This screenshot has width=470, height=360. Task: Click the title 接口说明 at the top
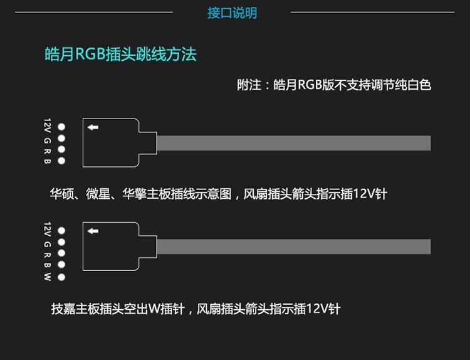pos(232,13)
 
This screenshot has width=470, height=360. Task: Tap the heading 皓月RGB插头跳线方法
pos(121,54)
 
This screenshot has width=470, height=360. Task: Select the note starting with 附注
pos(334,85)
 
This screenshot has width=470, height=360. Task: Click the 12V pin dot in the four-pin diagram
pos(61,126)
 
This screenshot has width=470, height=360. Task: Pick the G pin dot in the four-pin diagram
pos(61,138)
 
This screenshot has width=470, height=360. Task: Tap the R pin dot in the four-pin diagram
pos(61,149)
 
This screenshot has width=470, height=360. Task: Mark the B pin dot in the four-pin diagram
pos(61,161)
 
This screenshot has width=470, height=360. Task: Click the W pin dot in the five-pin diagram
pos(61,277)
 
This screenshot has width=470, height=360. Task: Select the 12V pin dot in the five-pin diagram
pos(61,230)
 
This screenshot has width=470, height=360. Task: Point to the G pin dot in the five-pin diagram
pos(61,242)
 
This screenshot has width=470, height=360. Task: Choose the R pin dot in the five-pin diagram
pos(61,253)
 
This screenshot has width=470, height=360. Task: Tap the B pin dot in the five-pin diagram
pos(61,265)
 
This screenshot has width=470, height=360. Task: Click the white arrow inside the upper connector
pos(93,127)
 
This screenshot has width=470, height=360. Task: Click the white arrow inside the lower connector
pos(93,231)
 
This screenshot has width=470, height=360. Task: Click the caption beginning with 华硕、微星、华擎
pos(219,194)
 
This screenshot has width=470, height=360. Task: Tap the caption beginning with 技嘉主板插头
pos(196,309)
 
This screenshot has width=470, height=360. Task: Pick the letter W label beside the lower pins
pos(47,277)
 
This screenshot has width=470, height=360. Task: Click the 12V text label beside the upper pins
pos(47,125)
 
